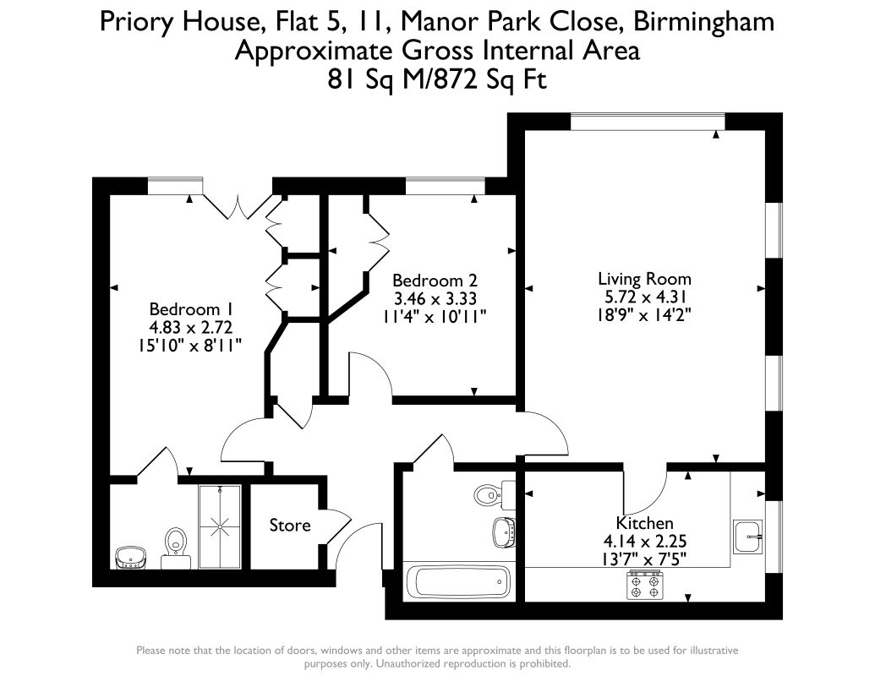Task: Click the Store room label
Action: pos(290,526)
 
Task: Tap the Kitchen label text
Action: pos(644,523)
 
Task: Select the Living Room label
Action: pos(644,279)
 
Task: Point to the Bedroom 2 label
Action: pos(435,281)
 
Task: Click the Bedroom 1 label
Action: pos(191,309)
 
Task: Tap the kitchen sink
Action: pos(748,537)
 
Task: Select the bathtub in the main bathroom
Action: pos(457,582)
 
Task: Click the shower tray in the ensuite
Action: pos(220,526)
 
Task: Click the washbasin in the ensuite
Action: pos(130,557)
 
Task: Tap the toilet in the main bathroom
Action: pos(495,494)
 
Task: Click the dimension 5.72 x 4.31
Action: pos(644,297)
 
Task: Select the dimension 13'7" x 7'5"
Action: pos(644,558)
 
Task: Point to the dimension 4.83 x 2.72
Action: pos(191,327)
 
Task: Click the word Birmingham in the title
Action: pos(705,22)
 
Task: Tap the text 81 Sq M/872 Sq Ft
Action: pos(437,79)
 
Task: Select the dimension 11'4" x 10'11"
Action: pos(435,317)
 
